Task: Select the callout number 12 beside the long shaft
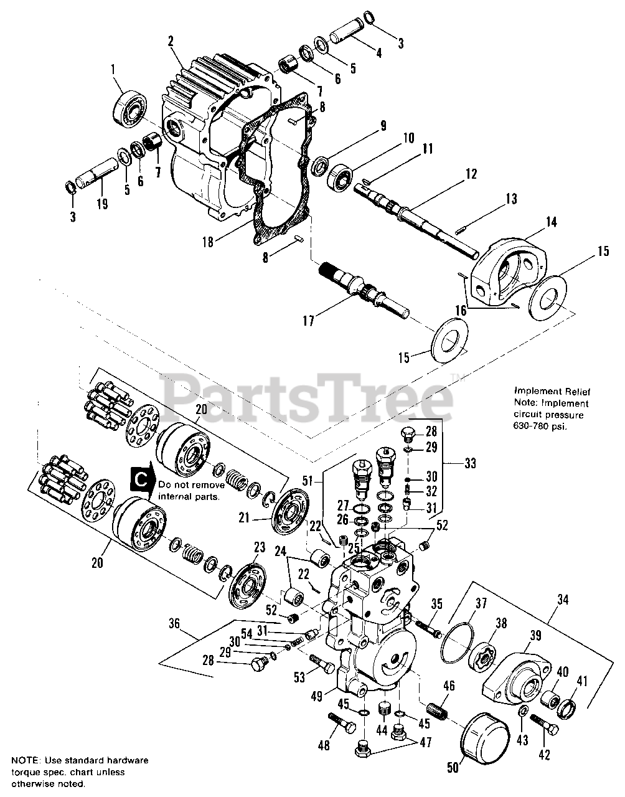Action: pyautogui.click(x=471, y=174)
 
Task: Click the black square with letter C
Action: pyautogui.click(x=141, y=478)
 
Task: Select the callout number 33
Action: pyautogui.click(x=470, y=463)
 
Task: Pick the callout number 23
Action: pyautogui.click(x=259, y=548)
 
